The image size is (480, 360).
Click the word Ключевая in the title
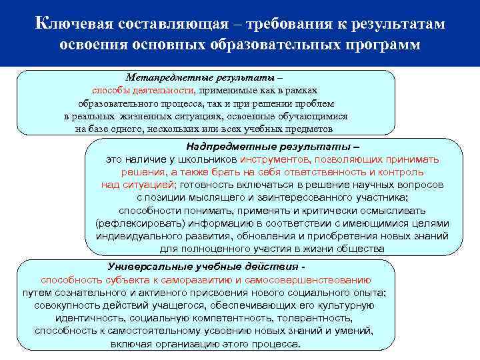[74, 24]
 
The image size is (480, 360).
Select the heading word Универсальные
[147, 267]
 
